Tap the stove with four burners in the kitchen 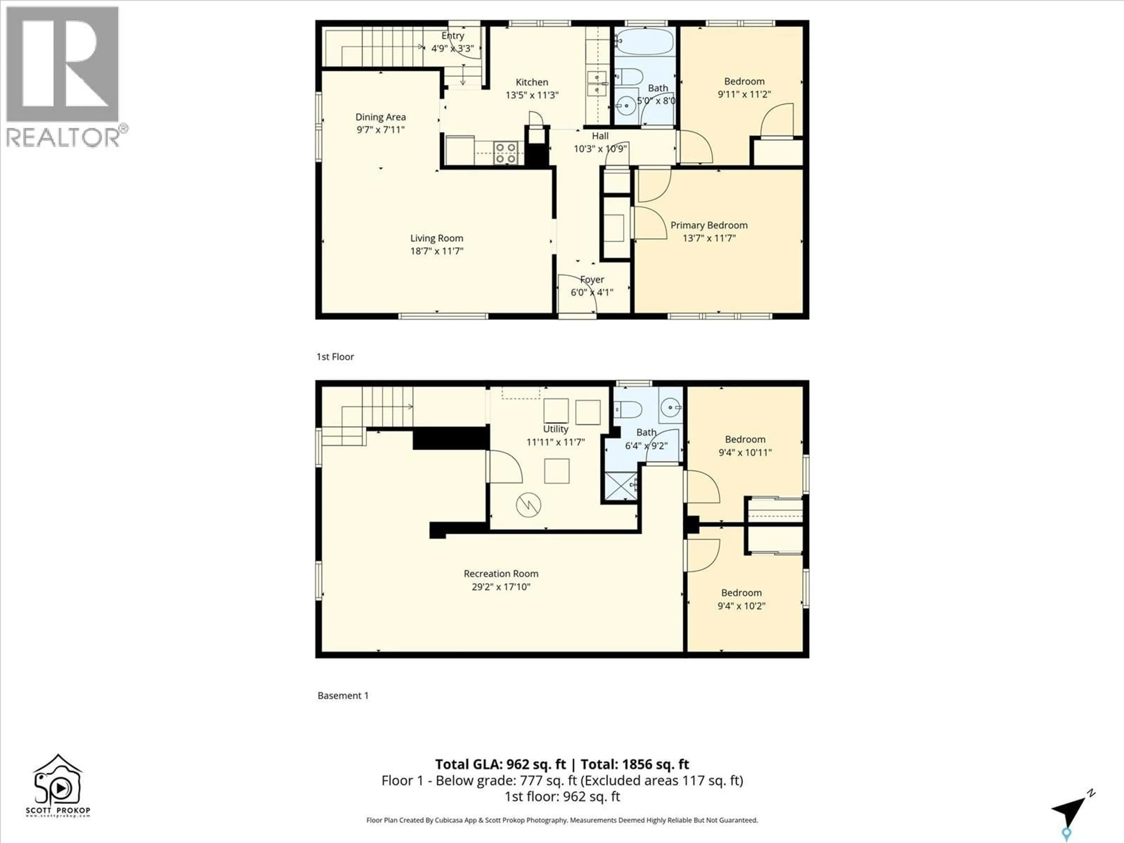pos(506,153)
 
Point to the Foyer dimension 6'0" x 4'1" pos(592,292)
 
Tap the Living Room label pos(436,238)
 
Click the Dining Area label pos(380,117)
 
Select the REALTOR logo pos(64,76)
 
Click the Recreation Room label pos(501,573)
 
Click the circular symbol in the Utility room pos(528,505)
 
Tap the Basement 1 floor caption pos(343,695)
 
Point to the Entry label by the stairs pos(452,36)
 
